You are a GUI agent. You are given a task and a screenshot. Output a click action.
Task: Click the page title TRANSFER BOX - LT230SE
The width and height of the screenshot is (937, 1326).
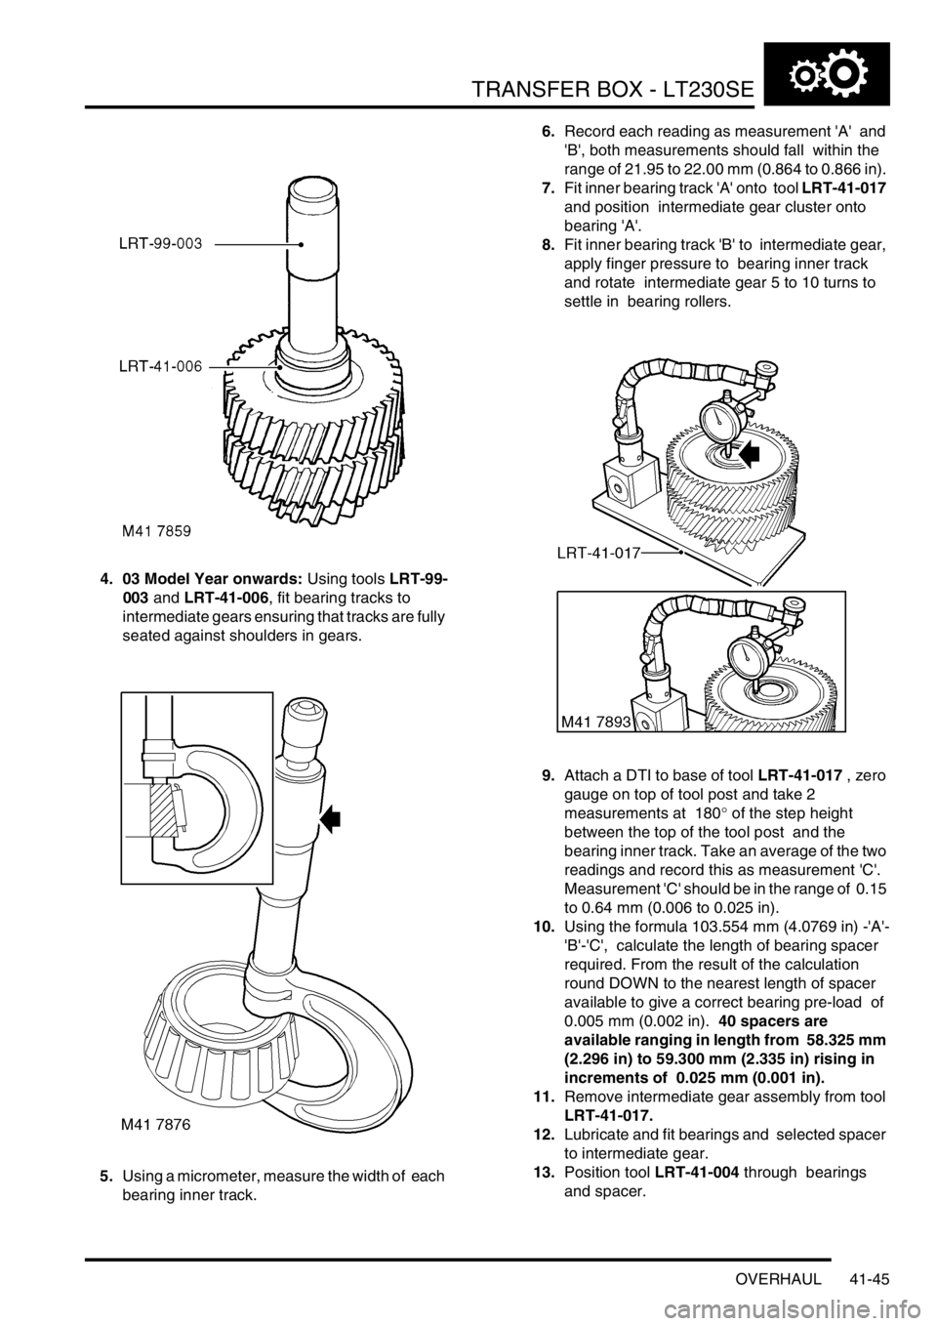612,89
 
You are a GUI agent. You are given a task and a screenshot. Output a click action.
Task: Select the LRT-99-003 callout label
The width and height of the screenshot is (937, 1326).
160,243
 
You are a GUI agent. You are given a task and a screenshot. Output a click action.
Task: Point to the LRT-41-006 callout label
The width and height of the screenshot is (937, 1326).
160,367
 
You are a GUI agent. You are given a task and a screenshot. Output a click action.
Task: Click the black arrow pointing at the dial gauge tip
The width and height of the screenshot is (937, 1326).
748,453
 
